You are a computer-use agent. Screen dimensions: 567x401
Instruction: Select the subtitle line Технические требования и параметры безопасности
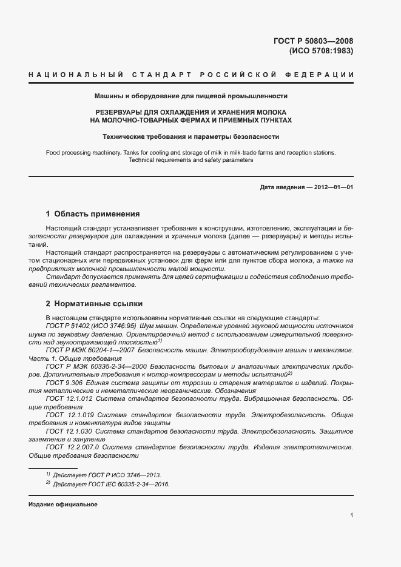(191, 136)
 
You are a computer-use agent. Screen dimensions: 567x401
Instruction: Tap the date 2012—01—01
(333, 187)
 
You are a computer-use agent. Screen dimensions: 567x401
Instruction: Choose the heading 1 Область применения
(93, 214)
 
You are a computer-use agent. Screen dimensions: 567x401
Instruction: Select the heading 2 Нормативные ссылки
(94, 303)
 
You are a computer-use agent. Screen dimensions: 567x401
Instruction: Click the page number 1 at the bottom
(352, 515)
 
